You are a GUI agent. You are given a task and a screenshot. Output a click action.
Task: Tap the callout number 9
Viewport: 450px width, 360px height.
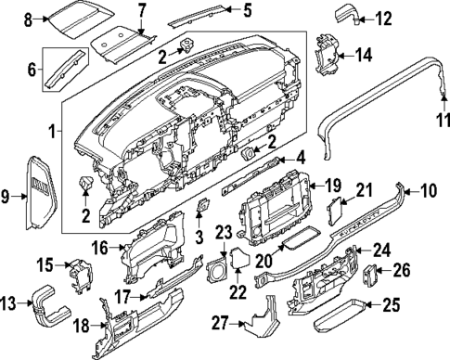[x=8, y=196]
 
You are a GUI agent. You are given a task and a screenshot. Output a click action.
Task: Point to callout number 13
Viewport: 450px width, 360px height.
[x=8, y=303]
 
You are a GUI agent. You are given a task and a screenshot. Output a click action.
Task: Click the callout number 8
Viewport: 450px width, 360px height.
[x=29, y=19]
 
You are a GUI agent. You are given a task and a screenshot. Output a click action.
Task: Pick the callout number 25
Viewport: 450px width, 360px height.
[x=392, y=304]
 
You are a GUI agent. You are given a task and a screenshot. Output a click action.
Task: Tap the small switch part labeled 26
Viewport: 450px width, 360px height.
[x=372, y=273]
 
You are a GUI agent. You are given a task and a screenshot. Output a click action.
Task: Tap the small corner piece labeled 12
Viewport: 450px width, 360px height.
[x=346, y=16]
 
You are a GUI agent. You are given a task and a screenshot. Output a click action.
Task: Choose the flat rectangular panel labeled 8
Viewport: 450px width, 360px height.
[x=78, y=16]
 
